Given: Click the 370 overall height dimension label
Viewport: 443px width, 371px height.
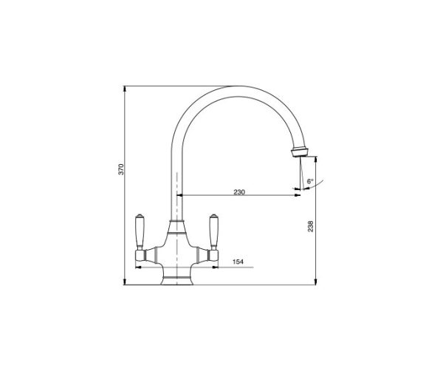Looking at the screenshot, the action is (x=121, y=169).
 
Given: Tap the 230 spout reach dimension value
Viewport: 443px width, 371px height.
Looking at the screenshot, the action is (x=239, y=192).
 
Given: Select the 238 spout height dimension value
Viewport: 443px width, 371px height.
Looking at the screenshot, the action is (x=310, y=226).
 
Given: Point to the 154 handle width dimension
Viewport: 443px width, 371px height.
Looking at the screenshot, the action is (x=238, y=262).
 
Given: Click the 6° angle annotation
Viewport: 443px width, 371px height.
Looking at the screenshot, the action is (x=310, y=181).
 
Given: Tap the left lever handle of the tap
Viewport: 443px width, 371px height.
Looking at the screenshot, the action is (x=140, y=232).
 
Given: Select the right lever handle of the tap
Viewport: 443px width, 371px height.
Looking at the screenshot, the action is (x=213, y=232).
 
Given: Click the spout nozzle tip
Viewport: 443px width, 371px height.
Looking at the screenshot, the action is (x=300, y=152).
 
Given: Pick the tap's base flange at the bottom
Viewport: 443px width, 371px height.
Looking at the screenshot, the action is (x=177, y=281).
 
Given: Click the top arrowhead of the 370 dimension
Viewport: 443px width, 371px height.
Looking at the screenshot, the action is (x=125, y=89).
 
